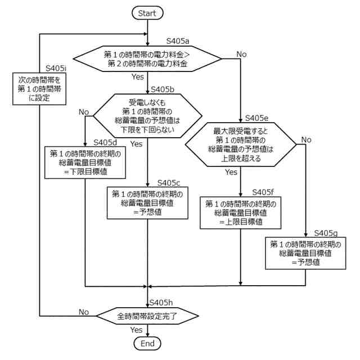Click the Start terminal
point(147,12)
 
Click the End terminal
point(147,343)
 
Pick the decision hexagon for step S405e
point(242,145)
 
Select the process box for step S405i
point(39,88)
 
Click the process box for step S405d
point(84,163)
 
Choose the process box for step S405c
point(147,203)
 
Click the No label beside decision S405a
point(241,54)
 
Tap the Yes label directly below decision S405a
point(137,76)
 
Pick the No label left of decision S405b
point(84,112)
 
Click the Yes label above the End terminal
point(136,330)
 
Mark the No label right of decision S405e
point(306,139)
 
